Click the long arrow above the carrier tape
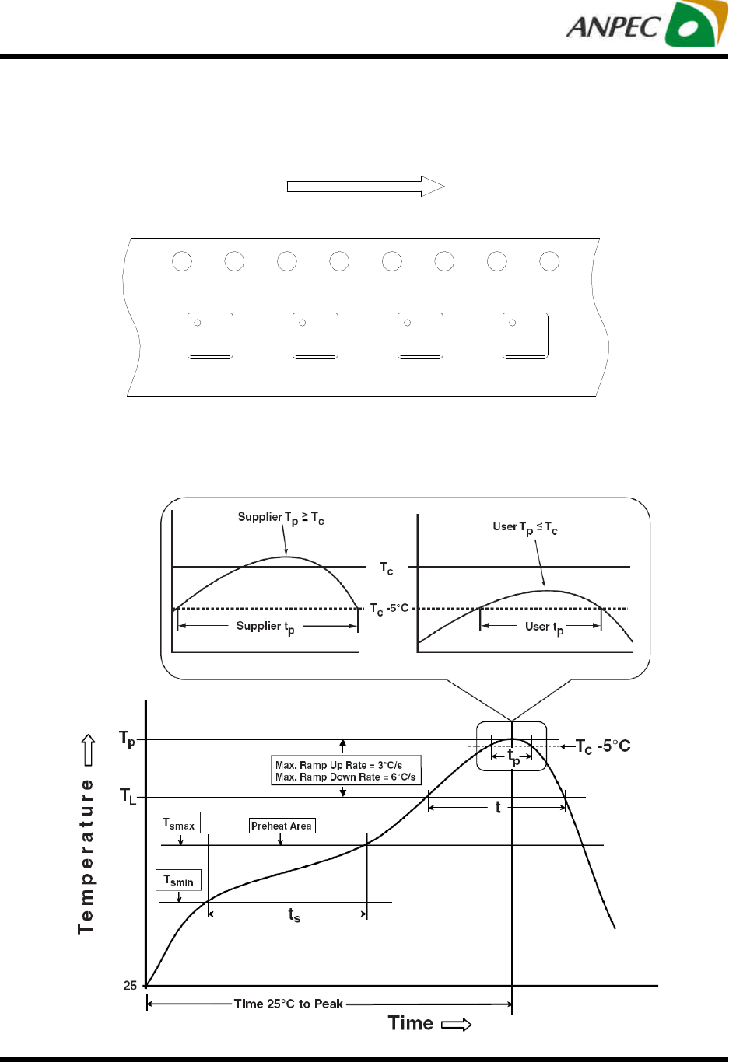[366, 187]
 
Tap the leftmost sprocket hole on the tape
[182, 261]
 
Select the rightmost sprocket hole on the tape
[549, 261]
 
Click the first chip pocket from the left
[210, 336]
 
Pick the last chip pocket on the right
[526, 336]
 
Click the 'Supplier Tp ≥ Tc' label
[281, 519]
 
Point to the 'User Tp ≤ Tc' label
[525, 528]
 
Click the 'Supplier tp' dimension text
[265, 627]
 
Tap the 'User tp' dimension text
[544, 627]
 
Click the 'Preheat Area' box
[282, 826]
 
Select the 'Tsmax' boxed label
[179, 823]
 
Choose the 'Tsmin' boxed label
[179, 880]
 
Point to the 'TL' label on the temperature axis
[128, 795]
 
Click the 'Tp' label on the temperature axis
[127, 739]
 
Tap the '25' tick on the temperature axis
[130, 986]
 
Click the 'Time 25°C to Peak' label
[289, 1004]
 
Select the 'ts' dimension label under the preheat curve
[294, 915]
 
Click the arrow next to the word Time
[457, 1025]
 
